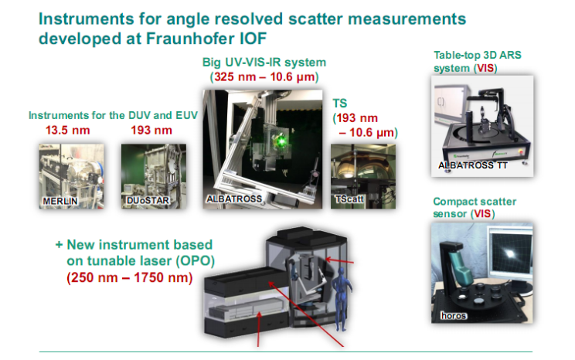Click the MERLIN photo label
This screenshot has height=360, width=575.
tap(60, 202)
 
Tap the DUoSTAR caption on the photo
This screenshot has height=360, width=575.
tap(148, 201)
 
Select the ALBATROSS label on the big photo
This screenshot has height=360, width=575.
tap(234, 199)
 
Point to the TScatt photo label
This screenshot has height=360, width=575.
tap(349, 199)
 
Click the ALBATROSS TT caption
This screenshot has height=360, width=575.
tap(473, 165)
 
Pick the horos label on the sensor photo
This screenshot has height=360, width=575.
tap(454, 316)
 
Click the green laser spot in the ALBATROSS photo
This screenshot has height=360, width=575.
tap(281, 141)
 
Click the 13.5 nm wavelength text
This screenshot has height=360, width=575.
tap(68, 130)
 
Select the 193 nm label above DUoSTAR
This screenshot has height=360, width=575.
tap(151, 130)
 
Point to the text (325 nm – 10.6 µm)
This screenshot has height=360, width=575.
tap(264, 77)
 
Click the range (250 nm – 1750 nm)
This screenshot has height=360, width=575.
tap(129, 277)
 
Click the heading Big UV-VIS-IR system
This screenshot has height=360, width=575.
tap(264, 63)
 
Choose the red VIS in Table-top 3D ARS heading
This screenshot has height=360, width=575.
tap(485, 68)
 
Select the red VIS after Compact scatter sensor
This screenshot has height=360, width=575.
tap(483, 214)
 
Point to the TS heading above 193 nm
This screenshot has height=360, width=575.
tap(340, 104)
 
